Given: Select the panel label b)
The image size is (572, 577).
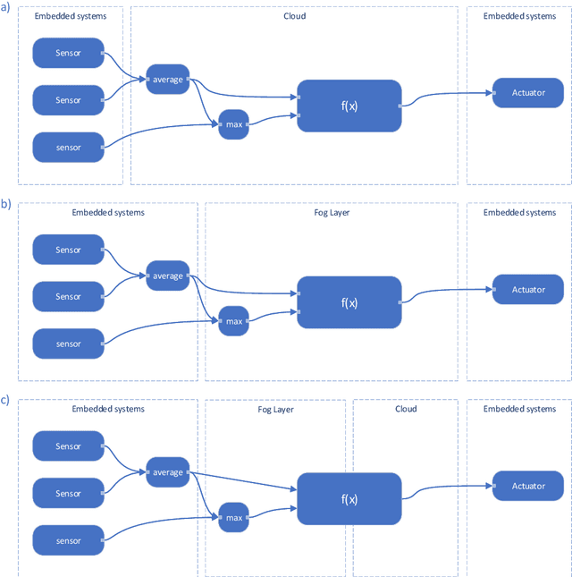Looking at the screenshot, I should point(6,204).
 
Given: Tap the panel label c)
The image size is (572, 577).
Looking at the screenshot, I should point(6,400).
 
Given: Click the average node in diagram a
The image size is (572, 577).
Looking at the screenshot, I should point(168,80).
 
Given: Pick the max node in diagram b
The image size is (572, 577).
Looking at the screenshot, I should point(233,321).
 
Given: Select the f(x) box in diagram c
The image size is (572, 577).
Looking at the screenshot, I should point(349,499).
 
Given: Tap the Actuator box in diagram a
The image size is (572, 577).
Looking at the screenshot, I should point(528,93).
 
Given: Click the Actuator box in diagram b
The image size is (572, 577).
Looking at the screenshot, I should point(528,290).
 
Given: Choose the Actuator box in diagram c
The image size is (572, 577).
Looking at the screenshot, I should point(528,486).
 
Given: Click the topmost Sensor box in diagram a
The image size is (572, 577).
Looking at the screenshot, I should point(68,53).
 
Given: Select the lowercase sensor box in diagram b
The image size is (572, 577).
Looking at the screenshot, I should point(68,344).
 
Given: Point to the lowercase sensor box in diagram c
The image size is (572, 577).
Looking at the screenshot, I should point(68,540).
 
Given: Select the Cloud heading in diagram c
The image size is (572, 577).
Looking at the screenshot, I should point(405,409).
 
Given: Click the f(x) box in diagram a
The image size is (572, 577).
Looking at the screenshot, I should point(349,106).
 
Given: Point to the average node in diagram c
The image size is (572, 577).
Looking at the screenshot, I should point(168,472).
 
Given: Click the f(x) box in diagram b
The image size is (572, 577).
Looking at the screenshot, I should point(349,302).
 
